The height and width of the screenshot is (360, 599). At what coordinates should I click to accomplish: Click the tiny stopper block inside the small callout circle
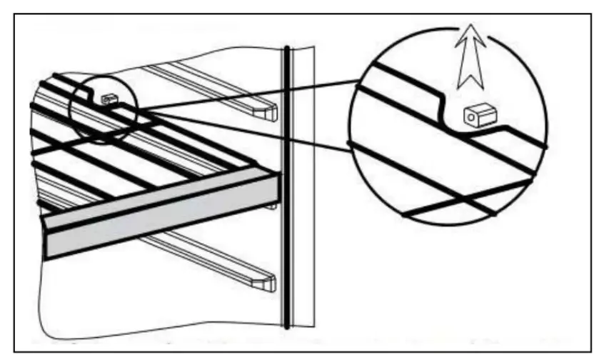109,99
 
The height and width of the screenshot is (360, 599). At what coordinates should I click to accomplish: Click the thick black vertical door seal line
286,186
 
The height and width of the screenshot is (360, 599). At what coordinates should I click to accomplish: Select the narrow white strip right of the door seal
303,186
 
